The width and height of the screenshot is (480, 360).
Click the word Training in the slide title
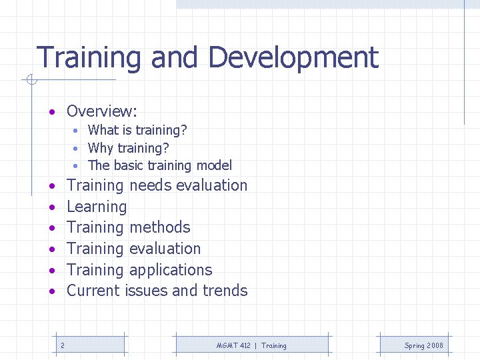click(89, 58)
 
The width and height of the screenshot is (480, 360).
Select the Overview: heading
click(101, 111)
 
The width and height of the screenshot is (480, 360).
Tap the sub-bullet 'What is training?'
click(137, 130)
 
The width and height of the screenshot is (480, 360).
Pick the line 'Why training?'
click(128, 147)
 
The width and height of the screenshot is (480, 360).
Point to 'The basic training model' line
click(160, 165)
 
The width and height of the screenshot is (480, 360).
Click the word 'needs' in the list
click(151, 185)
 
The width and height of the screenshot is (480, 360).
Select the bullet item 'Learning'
click(97, 207)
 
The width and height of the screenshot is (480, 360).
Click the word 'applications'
click(171, 270)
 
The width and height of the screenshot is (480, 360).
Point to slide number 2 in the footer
click(62, 345)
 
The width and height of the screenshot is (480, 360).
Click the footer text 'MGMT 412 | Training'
click(251, 345)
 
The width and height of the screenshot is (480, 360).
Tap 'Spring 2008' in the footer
click(423, 345)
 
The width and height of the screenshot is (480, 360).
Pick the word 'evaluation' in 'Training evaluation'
click(165, 249)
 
